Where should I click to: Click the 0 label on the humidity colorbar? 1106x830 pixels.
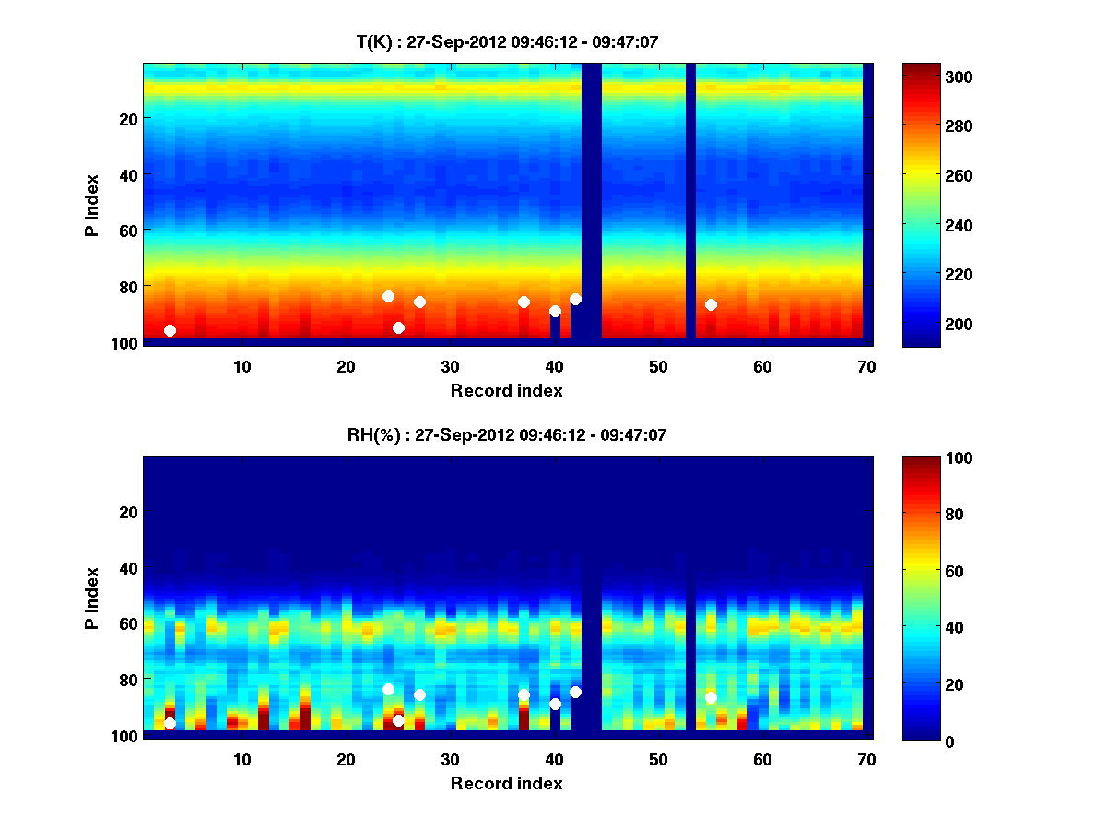click(x=916, y=741)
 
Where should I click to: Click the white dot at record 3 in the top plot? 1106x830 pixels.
click(x=170, y=330)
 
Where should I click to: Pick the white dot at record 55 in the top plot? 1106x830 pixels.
click(x=711, y=304)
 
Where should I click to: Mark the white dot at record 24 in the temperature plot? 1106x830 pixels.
click(x=388, y=296)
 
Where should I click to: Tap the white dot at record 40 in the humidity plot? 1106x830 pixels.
click(x=555, y=704)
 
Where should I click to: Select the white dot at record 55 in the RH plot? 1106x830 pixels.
click(x=711, y=697)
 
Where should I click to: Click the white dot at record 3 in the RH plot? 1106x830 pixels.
click(x=170, y=723)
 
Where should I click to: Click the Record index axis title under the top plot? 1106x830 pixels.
click(x=506, y=390)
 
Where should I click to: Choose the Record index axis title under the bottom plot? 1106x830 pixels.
click(x=506, y=783)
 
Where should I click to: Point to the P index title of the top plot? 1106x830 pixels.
click(x=92, y=205)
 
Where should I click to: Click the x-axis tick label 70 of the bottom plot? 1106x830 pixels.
click(x=866, y=759)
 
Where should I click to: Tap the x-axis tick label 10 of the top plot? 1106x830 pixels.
click(x=241, y=366)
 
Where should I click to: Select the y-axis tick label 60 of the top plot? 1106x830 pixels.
click(x=126, y=230)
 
